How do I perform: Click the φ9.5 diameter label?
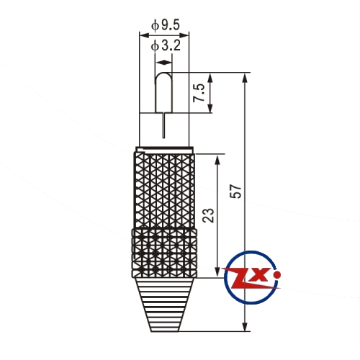(x=166, y=25)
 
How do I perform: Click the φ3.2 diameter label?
(x=166, y=45)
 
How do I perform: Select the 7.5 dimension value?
(x=199, y=93)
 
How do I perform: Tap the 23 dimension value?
(x=208, y=215)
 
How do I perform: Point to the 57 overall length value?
(x=235, y=191)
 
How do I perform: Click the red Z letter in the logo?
(x=243, y=278)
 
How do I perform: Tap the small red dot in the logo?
(x=277, y=274)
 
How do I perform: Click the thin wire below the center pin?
(x=163, y=125)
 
